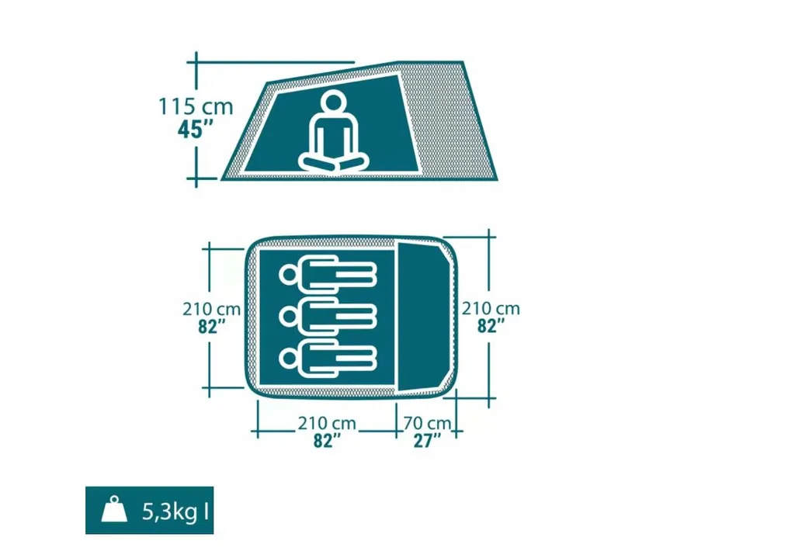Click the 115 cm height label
(x=196, y=106)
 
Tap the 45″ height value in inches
(x=196, y=130)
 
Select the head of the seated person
(x=332, y=102)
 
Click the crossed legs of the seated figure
(x=333, y=162)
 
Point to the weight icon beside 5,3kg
(x=114, y=510)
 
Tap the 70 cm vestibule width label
(x=427, y=423)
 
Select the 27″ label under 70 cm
(x=427, y=440)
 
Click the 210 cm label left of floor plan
(x=211, y=309)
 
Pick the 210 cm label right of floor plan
(x=491, y=309)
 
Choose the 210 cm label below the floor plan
(x=327, y=423)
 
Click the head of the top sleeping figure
(x=289, y=276)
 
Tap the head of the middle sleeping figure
(x=289, y=317)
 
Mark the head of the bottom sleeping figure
(x=289, y=359)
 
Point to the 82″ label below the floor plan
(x=327, y=440)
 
